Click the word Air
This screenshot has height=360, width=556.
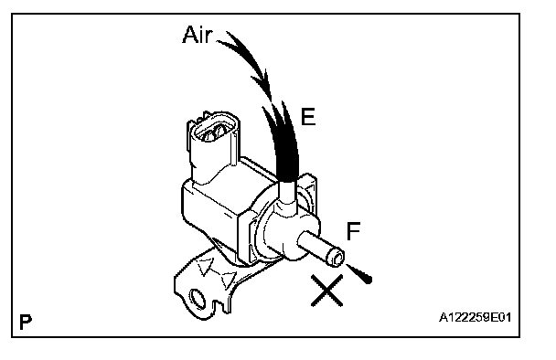198,35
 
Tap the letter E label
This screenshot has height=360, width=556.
308,117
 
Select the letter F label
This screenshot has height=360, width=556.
353,231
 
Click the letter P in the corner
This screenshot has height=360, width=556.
26,322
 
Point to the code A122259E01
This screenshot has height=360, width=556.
476,317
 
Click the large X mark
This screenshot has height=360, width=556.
327,291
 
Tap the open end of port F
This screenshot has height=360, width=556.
337,258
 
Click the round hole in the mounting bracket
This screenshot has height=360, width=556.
198,298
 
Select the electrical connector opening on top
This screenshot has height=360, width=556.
213,130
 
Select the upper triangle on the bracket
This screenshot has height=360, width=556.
206,266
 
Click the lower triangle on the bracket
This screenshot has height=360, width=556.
227,280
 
